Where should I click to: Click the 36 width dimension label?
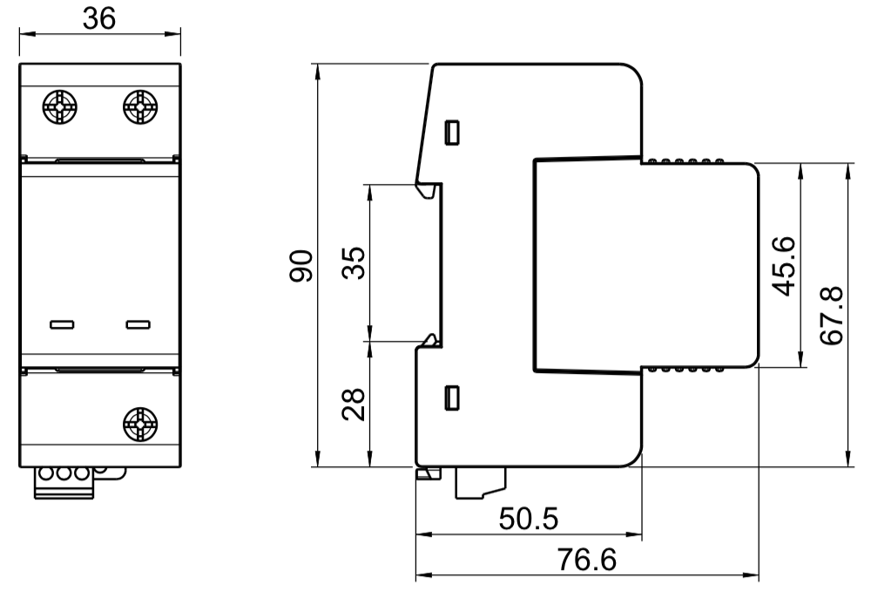(99, 17)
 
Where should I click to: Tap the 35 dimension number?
(354, 262)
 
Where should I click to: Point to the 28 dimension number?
(354, 404)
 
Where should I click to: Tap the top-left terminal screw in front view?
(60, 108)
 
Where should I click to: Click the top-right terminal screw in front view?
(139, 108)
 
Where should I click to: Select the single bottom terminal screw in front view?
(139, 425)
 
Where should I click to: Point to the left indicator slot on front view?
(62, 325)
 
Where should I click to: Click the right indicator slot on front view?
(138, 325)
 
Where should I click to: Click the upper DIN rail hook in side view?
(427, 188)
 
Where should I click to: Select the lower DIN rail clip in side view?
(428, 341)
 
